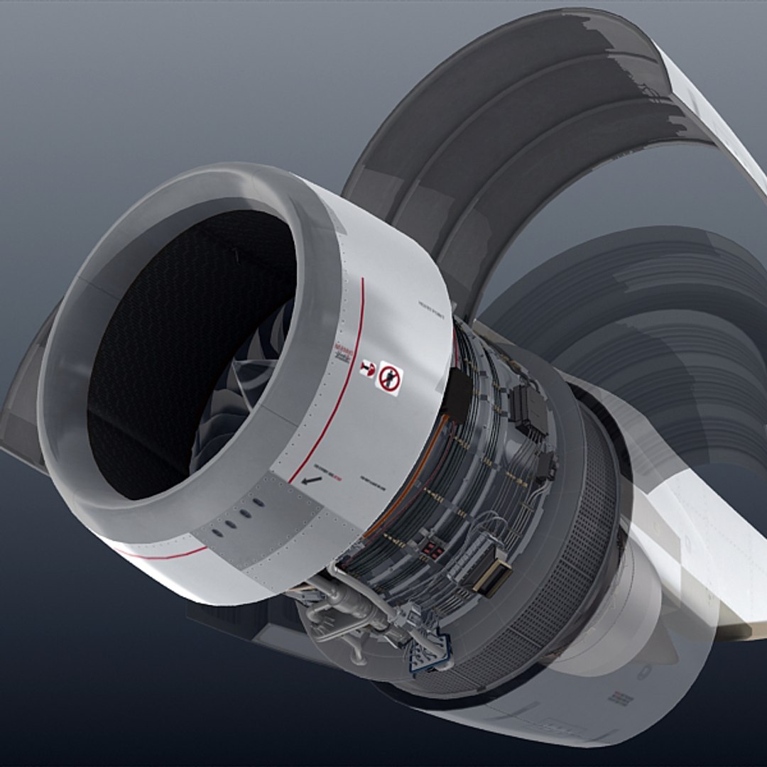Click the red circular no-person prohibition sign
tap(388, 379)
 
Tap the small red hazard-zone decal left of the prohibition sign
tap(367, 368)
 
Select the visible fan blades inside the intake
tap(241, 398)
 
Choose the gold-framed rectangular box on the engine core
tap(493, 577)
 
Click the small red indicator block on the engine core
tap(431, 552)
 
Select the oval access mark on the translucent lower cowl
tap(643, 672)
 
